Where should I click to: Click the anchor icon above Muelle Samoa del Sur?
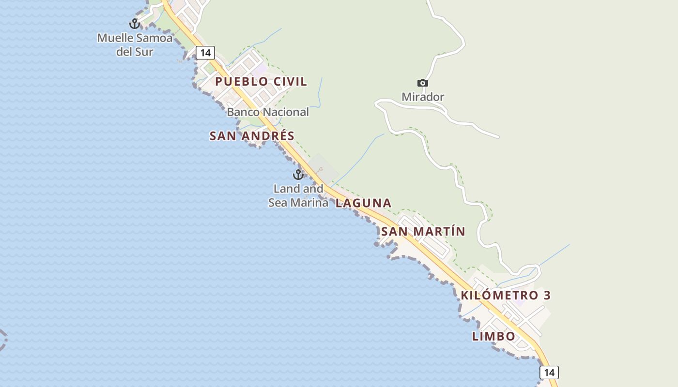[134, 23]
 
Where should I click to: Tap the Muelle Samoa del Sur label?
[135, 45]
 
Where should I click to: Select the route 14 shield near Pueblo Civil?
[205, 53]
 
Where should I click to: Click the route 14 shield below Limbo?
[549, 372]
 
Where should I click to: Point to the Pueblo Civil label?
[261, 81]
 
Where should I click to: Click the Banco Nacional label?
[268, 112]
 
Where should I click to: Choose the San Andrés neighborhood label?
[252, 136]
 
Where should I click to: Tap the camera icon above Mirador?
[423, 83]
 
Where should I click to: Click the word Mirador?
[423, 97]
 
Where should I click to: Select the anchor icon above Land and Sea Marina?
[298, 175]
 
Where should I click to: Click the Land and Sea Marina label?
[298, 195]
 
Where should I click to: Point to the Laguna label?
[363, 203]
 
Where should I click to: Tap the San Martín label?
[423, 232]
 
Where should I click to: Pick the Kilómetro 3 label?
[506, 295]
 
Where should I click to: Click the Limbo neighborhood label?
[494, 336]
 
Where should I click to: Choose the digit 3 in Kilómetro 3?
[547, 295]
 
